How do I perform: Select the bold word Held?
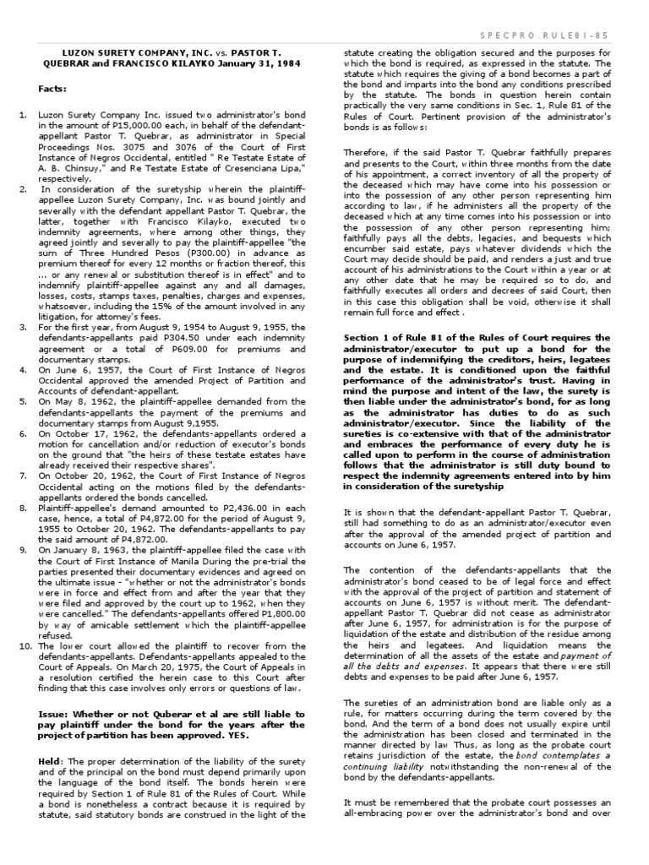tap(49, 737)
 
